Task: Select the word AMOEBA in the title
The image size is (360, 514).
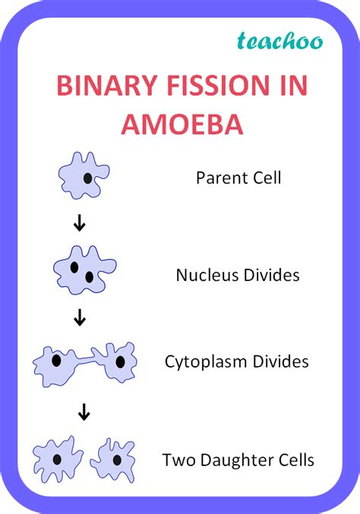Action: pos(180,124)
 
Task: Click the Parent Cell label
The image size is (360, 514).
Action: pos(238,178)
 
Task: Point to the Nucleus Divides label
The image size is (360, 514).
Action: pos(238,275)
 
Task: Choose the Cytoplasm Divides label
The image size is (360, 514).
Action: pos(237,361)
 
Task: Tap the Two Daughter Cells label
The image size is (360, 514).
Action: pos(238,459)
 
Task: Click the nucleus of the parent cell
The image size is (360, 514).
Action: pos(88,179)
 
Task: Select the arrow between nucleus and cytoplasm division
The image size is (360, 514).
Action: pos(79,318)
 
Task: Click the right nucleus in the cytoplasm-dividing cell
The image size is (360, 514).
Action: pos(119,361)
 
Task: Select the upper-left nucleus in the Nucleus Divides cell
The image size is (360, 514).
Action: pos(74,267)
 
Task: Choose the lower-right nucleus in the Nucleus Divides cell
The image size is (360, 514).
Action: pos(90,277)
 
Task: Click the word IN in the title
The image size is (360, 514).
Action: pos(288,84)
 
